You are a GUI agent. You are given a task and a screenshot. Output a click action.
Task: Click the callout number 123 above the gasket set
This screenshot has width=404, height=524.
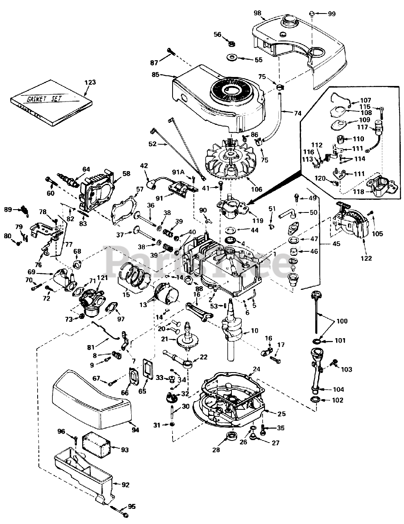[x=90, y=82]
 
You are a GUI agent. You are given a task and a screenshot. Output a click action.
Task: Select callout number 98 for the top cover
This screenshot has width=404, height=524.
[x=257, y=13]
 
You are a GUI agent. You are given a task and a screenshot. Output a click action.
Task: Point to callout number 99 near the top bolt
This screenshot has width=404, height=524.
[x=331, y=14]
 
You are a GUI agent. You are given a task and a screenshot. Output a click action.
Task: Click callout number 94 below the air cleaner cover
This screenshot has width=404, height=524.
[x=135, y=430]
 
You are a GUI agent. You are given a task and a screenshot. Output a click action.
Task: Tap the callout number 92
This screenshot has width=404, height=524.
[x=126, y=485]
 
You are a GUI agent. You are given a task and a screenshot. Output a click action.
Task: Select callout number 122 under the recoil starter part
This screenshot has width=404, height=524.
[x=366, y=258]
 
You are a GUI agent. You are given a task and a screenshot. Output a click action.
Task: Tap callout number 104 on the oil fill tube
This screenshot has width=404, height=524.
[x=339, y=389]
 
